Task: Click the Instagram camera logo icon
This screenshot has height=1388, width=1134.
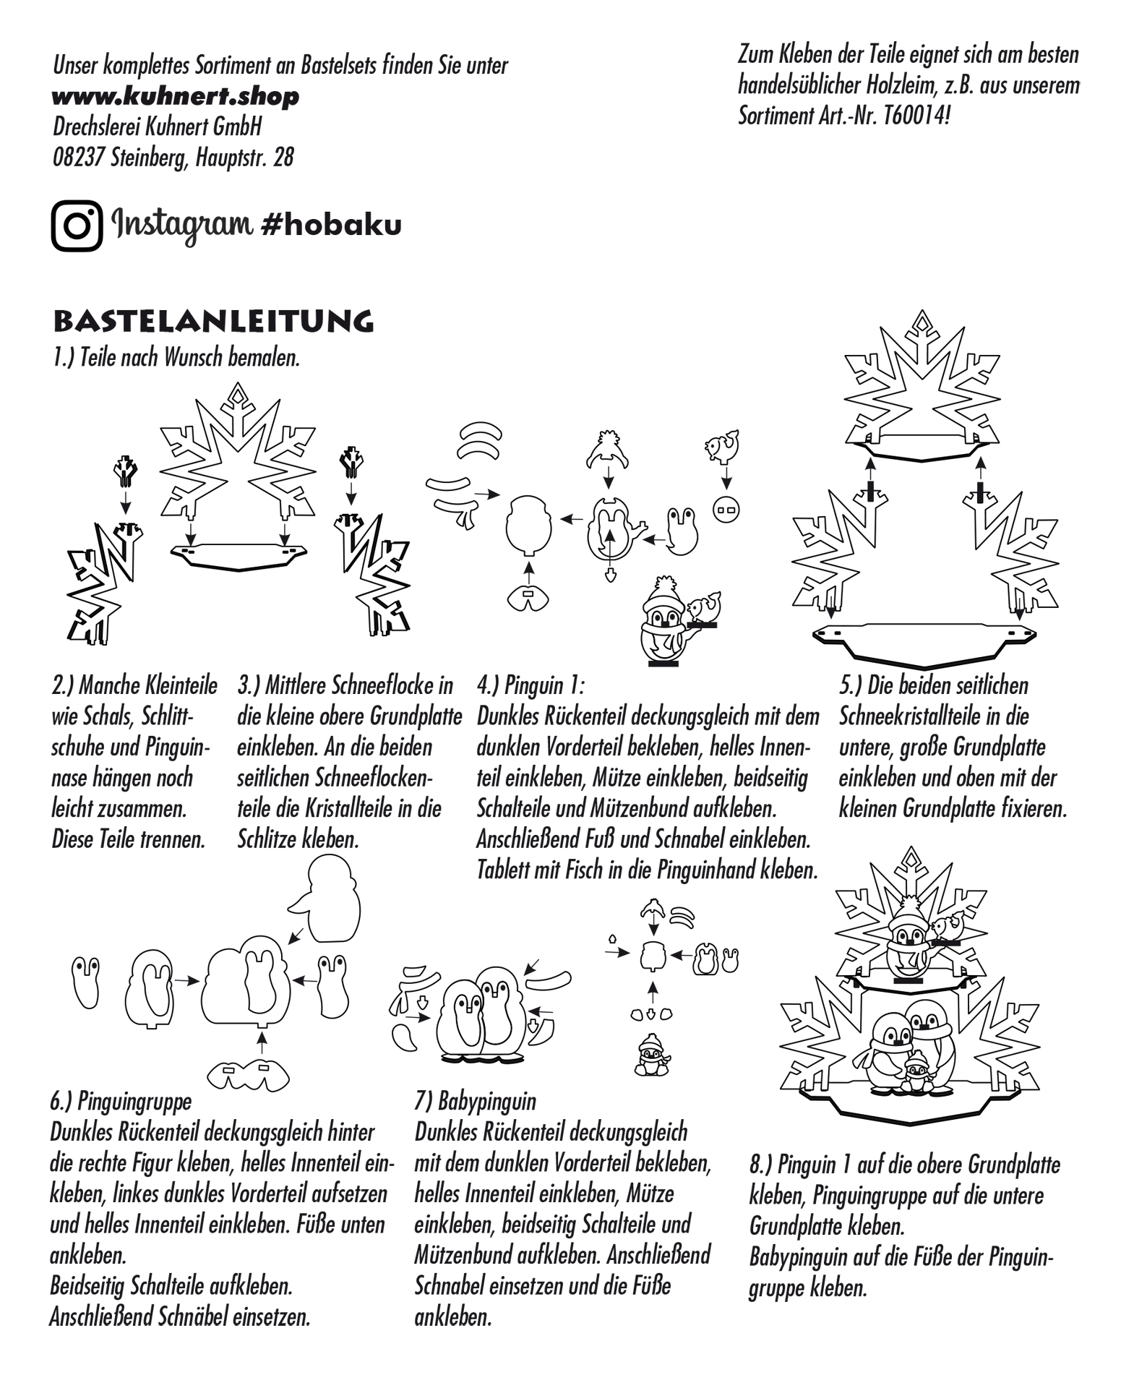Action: pyautogui.click(x=77, y=226)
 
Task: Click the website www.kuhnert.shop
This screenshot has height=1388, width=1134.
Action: pyautogui.click(x=176, y=97)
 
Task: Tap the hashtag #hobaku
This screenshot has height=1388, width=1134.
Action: pyautogui.click(x=330, y=226)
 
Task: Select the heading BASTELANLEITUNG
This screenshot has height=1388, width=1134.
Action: pyautogui.click(x=213, y=322)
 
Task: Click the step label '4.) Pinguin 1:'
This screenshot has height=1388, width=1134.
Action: pyautogui.click(x=531, y=685)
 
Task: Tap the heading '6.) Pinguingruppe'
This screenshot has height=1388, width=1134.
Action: pyautogui.click(x=121, y=1101)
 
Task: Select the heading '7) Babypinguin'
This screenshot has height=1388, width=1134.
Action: pyautogui.click(x=475, y=1101)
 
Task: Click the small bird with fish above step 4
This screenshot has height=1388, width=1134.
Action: pyautogui.click(x=722, y=446)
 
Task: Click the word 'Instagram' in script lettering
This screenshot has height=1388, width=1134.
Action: pyautogui.click(x=182, y=226)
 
